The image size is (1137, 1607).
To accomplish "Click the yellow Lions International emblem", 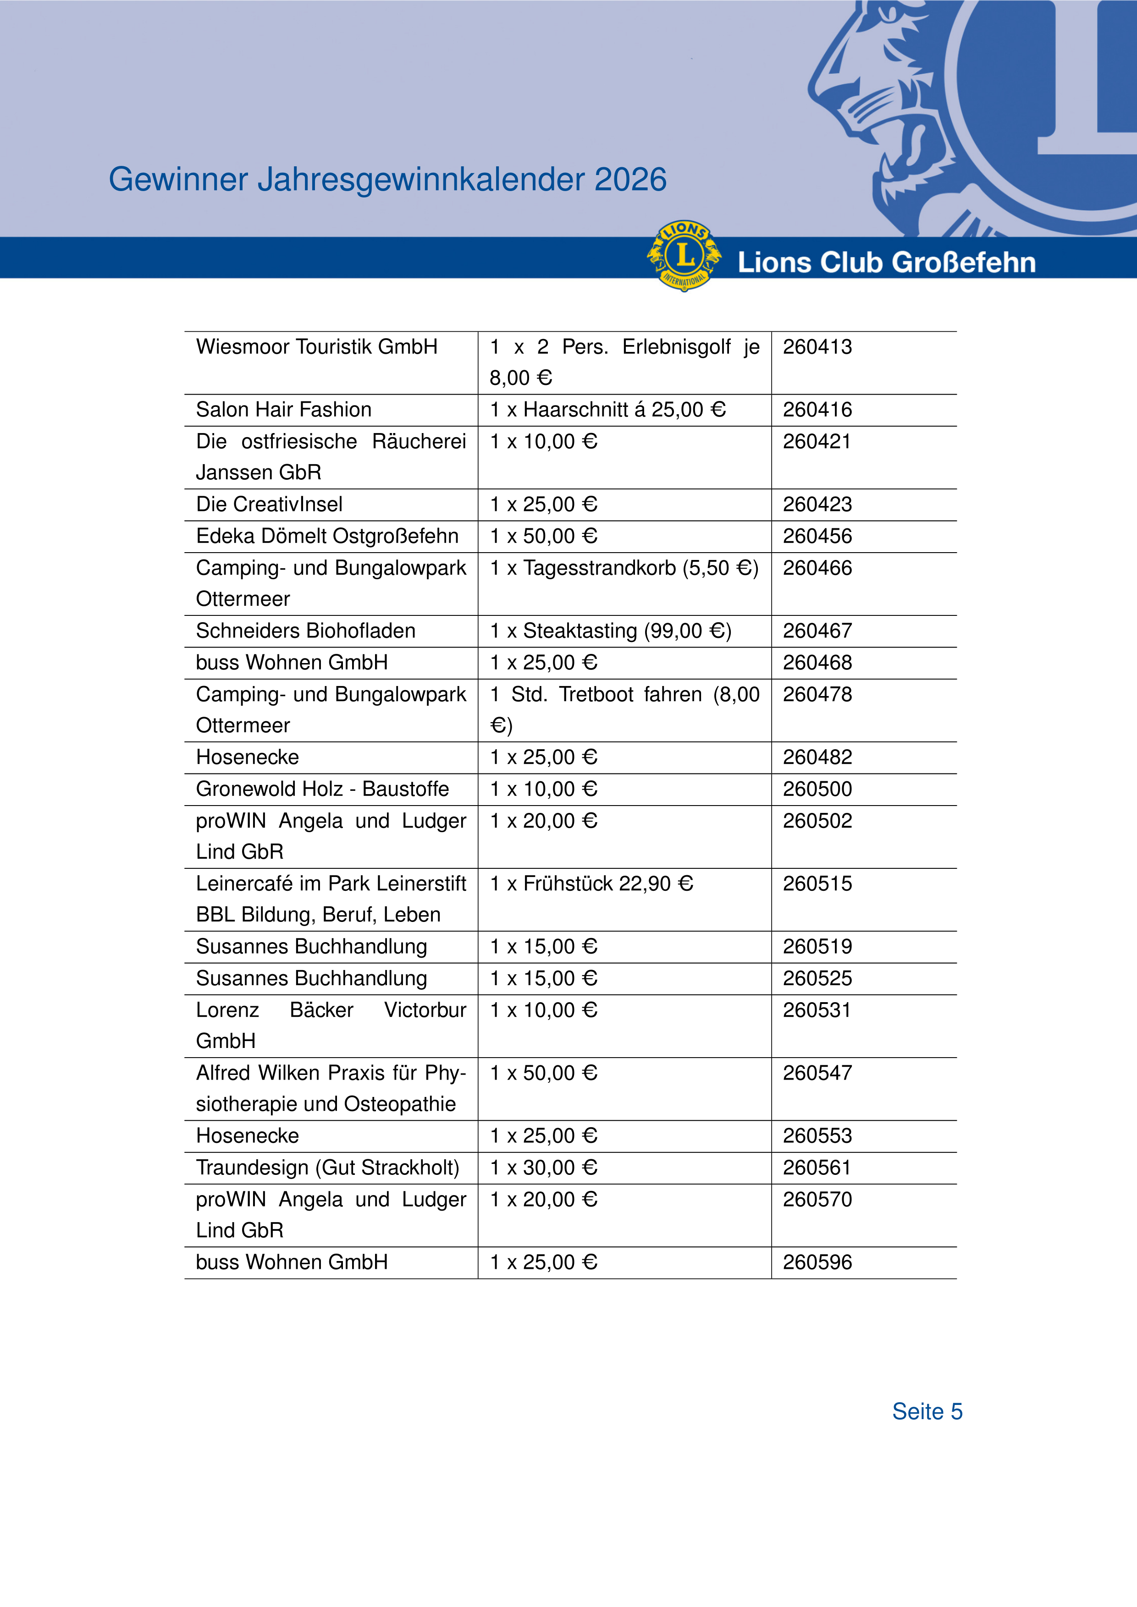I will (x=684, y=256).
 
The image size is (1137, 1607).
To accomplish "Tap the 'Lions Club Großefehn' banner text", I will (x=886, y=263).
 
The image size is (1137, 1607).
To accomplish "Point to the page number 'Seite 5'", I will (x=927, y=1411).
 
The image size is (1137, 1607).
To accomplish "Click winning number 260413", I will (x=817, y=347).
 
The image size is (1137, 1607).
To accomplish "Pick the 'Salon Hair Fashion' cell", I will (x=283, y=410).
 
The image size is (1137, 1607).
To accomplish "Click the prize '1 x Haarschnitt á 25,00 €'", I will (x=608, y=410).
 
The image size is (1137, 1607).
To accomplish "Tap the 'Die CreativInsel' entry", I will (x=270, y=505).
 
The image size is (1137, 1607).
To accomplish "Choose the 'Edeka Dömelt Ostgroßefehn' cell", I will (x=327, y=536).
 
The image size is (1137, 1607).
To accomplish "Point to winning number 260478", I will (x=817, y=694).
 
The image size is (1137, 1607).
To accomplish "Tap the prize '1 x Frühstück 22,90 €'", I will (x=591, y=884).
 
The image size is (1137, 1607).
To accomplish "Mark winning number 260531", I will (x=817, y=1010).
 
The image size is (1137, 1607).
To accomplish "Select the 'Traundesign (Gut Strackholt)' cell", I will (x=328, y=1168).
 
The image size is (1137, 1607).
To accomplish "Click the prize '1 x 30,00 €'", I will (x=543, y=1168).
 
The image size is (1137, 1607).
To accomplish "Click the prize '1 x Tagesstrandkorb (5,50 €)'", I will (x=624, y=568).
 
